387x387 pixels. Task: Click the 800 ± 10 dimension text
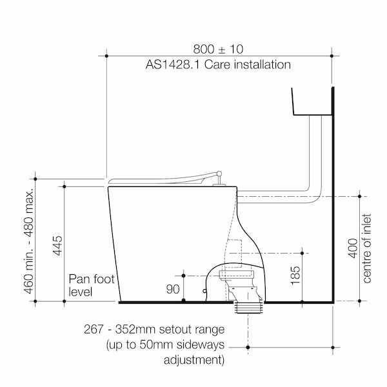click(218, 49)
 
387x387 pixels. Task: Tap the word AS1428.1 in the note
click(172, 64)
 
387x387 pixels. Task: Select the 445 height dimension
click(58, 245)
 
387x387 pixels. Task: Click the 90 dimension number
click(173, 289)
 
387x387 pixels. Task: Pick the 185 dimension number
click(295, 275)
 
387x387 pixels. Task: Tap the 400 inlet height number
click(353, 248)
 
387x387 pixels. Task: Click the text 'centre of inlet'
click(367, 248)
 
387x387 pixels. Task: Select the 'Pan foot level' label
click(92, 285)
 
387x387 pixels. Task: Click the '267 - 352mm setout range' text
click(154, 329)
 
